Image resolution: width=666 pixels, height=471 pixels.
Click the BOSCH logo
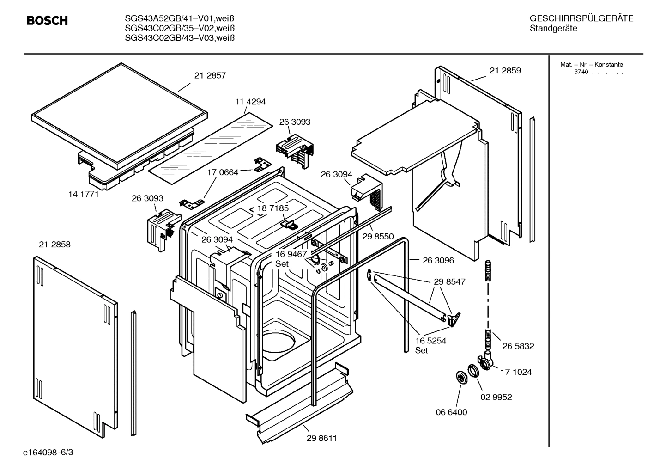tap(47, 21)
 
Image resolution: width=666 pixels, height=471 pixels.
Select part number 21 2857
tap(210, 75)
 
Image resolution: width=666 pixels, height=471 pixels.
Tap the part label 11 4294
tap(250, 102)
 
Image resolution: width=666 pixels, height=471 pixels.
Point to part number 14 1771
tap(84, 194)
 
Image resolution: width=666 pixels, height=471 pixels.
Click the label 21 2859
tap(505, 71)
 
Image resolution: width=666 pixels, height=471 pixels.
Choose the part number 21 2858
tap(55, 245)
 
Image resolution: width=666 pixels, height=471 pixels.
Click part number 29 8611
tap(321, 438)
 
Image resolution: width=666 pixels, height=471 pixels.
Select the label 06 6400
tap(452, 412)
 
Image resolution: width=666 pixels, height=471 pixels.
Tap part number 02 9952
tap(496, 397)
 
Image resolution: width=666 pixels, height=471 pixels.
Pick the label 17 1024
tap(516, 372)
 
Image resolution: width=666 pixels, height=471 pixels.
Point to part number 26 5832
tap(518, 346)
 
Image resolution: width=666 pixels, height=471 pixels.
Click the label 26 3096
tap(438, 260)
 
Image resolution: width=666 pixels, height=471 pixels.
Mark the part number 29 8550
tap(378, 237)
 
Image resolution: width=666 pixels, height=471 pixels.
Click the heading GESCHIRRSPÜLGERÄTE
tap(581, 19)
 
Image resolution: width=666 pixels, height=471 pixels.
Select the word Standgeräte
tap(553, 29)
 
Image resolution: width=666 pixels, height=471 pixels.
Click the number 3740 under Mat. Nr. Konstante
tap(581, 73)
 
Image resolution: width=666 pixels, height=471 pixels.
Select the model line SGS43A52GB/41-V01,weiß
tap(180, 19)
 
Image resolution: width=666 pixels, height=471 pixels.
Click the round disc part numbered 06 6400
tap(461, 377)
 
